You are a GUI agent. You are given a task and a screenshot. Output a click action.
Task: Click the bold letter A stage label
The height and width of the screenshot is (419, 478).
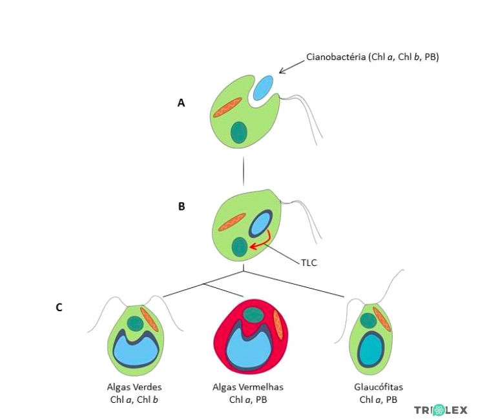182,102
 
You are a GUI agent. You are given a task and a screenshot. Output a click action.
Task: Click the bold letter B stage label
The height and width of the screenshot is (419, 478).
182,207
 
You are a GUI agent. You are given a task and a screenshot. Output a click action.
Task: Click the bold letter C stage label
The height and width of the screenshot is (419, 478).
59,307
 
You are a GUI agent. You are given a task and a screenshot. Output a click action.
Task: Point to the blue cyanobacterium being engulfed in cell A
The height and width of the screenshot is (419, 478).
263,87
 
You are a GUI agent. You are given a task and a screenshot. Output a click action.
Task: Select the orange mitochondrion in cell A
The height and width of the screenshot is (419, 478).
227,108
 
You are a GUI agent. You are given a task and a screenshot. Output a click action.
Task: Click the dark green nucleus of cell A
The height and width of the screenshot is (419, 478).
239,132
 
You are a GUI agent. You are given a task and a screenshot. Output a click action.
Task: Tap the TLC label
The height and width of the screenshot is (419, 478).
309,263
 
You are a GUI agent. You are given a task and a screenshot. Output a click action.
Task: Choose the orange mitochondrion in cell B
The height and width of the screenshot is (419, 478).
232,222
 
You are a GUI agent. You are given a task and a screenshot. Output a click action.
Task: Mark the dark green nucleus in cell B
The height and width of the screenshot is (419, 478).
240,247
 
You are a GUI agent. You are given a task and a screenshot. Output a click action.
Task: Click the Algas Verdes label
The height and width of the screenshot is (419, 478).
134,387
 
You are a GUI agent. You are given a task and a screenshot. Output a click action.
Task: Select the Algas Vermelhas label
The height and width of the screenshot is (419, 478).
248,387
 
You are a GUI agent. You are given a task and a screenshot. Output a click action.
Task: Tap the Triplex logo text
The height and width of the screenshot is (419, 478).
441,409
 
